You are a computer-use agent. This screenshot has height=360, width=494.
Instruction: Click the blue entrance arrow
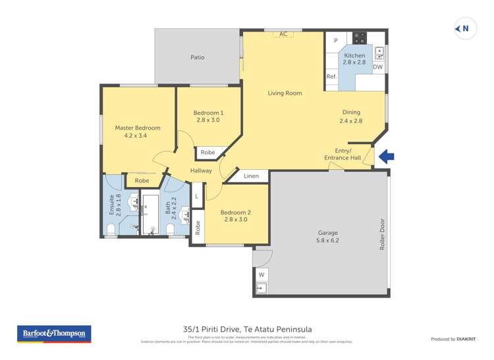pos(387,157)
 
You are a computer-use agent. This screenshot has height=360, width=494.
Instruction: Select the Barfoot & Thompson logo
pos(54,334)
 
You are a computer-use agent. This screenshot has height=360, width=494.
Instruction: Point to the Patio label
pos(197,57)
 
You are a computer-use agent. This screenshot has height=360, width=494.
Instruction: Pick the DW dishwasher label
pos(378,67)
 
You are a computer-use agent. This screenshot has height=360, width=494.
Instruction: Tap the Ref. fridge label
pos(331,77)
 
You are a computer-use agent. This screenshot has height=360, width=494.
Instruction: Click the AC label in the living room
pos(283,34)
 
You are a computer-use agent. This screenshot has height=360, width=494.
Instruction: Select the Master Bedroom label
pos(138,128)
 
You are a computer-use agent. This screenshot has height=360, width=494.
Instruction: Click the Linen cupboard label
pos(251,176)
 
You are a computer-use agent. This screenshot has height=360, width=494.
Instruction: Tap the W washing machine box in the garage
pos(261,274)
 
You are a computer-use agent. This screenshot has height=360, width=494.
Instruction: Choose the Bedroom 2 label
pos(236,213)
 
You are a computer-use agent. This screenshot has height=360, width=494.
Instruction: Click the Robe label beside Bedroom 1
pos(207,153)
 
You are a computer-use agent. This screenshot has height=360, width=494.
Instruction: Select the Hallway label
pos(201,171)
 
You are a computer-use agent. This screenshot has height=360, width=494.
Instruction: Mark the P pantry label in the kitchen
pos(335,41)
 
